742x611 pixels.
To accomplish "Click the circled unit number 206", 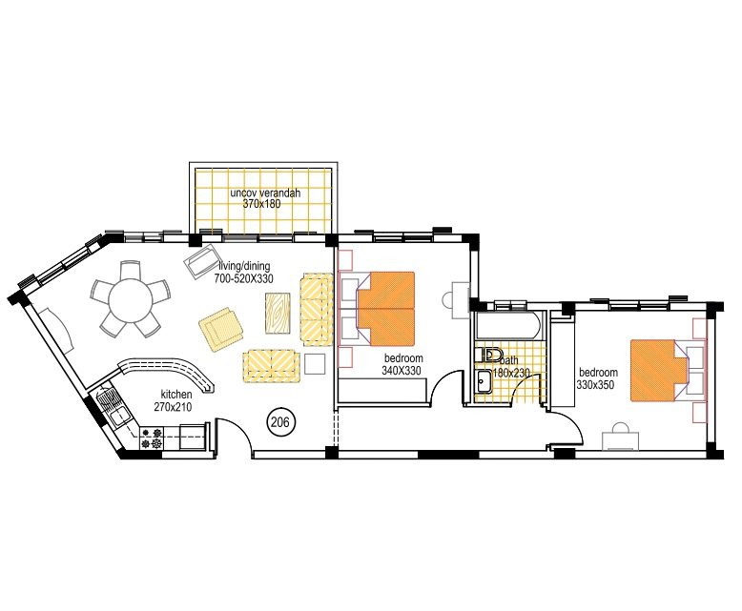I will [x=280, y=421].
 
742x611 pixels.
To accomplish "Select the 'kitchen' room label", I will [x=176, y=394].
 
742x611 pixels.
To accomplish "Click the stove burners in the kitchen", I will [x=153, y=438].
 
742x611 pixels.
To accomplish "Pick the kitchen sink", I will [x=120, y=414].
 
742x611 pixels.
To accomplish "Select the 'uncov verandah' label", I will [x=265, y=193].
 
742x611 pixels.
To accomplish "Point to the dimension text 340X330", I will [x=402, y=371].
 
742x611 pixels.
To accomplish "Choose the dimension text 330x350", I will [x=599, y=385].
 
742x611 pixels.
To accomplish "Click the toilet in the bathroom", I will [x=492, y=355].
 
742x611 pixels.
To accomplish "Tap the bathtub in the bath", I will [x=509, y=327].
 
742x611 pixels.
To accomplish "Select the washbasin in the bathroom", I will [x=484, y=381].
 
